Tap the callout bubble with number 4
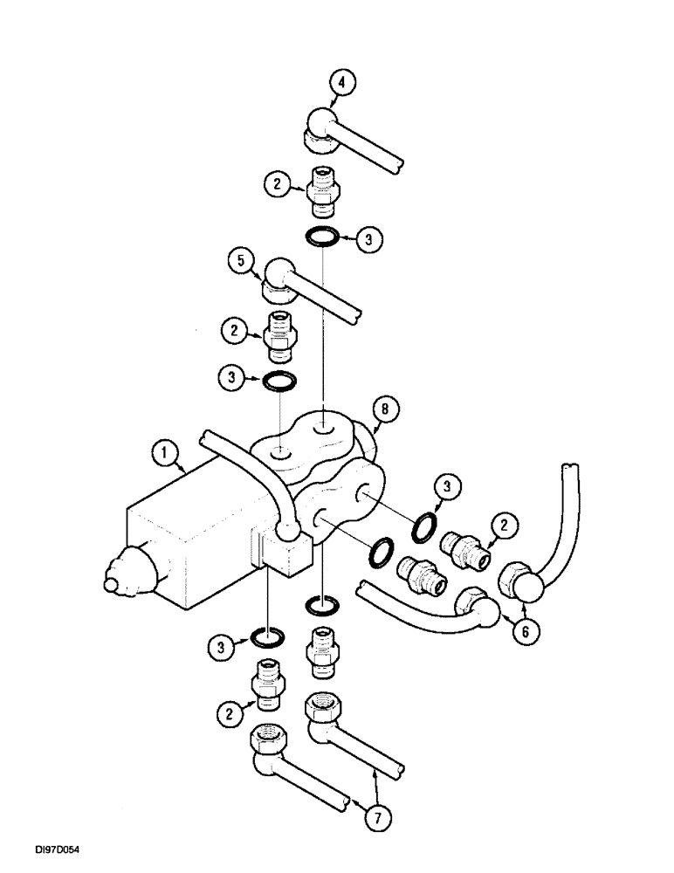pos(343,84)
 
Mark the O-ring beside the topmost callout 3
pos(322,237)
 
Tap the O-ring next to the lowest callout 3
pos(265,638)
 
